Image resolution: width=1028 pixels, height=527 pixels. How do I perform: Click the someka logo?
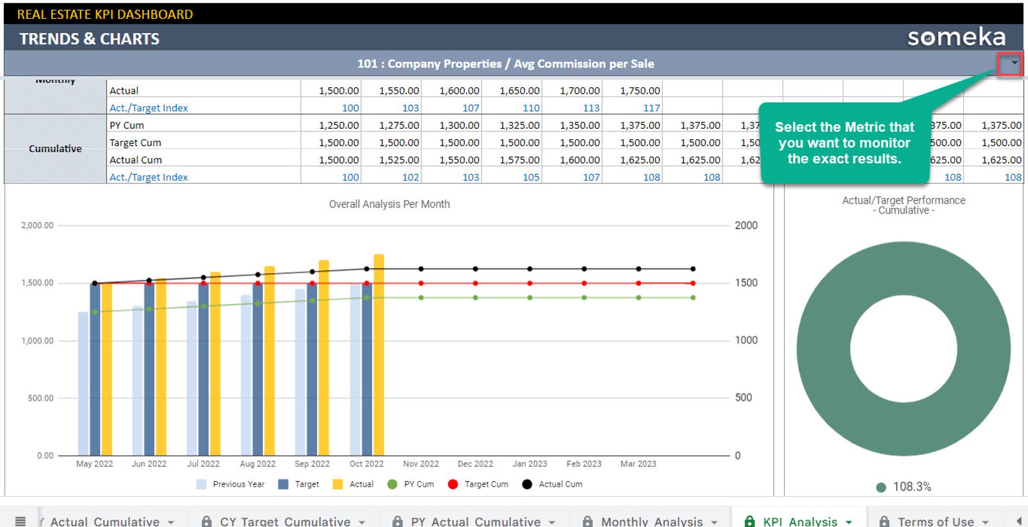[x=955, y=38]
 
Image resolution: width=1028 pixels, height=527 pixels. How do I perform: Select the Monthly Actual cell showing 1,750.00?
[x=640, y=91]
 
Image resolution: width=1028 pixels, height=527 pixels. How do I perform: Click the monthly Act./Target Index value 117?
[x=651, y=108]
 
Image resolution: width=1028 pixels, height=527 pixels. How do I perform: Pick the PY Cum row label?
[x=127, y=126]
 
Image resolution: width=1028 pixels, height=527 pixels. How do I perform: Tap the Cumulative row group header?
[x=55, y=149]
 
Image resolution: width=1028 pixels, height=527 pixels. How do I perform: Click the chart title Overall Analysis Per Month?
[x=389, y=204]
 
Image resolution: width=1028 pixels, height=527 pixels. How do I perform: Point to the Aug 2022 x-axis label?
[x=257, y=464]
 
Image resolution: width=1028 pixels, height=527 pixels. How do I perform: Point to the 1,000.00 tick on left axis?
[x=38, y=341]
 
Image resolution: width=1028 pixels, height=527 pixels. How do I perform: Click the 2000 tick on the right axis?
[x=746, y=225]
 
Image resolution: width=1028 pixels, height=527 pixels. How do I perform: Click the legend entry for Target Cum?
[x=486, y=484]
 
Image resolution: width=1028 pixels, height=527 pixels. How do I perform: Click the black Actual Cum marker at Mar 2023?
[x=693, y=269]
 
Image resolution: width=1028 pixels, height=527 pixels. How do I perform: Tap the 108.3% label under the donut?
[x=911, y=487]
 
